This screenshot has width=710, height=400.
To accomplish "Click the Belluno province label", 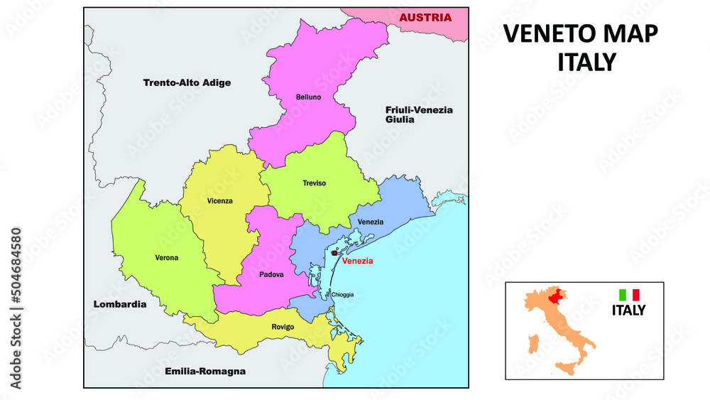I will (x=309, y=97).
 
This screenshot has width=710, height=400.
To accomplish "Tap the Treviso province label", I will (x=314, y=183).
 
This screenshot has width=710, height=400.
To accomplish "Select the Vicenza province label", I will (x=220, y=201).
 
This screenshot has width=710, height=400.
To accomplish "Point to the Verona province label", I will (x=166, y=257).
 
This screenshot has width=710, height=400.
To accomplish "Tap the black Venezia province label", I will (x=371, y=222).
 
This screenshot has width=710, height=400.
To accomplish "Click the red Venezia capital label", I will (x=357, y=261).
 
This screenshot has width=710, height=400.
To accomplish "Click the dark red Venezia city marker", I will (x=334, y=253).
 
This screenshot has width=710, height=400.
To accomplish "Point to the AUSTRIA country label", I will (x=425, y=18).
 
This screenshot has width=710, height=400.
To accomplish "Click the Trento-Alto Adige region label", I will (x=187, y=82).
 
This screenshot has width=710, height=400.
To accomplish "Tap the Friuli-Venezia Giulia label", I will (x=419, y=114).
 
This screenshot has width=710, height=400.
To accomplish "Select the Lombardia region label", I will (x=120, y=304).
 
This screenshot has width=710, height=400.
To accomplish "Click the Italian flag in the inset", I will (x=629, y=294).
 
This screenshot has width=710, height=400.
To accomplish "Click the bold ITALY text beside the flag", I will (x=629, y=310).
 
